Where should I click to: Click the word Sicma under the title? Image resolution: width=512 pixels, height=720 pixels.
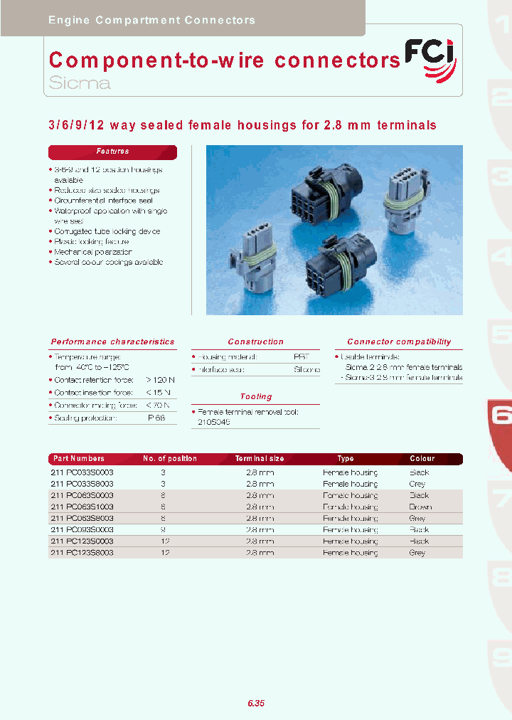point(80,83)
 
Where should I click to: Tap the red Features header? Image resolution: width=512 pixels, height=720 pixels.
point(112,152)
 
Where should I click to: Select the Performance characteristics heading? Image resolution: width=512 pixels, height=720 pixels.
point(112,342)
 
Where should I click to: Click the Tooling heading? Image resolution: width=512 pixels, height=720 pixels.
point(255,396)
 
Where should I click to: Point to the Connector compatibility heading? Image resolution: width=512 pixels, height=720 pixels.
point(399,342)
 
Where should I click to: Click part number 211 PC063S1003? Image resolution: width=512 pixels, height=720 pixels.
point(82,507)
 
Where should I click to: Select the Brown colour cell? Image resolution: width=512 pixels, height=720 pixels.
point(420,507)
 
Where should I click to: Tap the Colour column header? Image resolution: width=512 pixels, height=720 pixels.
point(422,459)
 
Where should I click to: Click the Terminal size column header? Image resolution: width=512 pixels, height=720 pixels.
point(260,459)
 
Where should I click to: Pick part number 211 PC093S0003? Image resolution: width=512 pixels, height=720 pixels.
point(82,529)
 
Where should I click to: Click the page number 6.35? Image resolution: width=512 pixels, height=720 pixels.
point(256,703)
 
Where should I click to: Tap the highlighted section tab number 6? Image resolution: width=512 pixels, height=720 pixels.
point(501,415)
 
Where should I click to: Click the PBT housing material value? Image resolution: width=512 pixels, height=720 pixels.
point(302,356)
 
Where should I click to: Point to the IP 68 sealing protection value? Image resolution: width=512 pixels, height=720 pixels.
point(156,418)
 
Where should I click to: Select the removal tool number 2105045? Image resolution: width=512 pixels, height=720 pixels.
point(214,422)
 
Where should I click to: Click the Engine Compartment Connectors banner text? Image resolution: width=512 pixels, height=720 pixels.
point(151,20)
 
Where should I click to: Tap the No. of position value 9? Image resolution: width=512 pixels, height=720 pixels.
point(164,529)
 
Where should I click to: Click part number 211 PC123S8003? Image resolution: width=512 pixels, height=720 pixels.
point(82,552)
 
